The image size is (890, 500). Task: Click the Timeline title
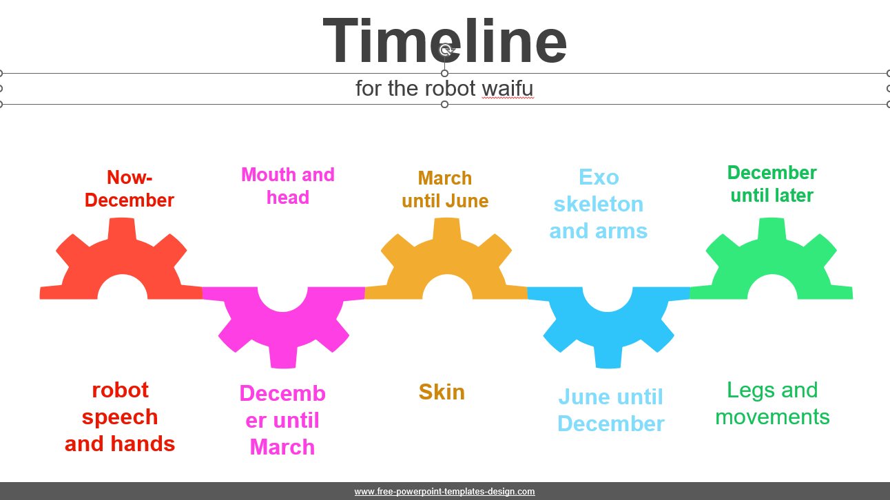click(444, 41)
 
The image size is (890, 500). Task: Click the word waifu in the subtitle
click(508, 88)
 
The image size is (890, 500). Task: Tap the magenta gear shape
click(283, 322)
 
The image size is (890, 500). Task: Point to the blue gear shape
click(608, 322)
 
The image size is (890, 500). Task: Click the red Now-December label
click(130, 189)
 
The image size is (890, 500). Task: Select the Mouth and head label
click(288, 186)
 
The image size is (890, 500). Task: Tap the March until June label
click(445, 189)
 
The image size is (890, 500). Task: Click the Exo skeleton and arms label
click(599, 204)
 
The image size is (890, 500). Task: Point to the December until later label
click(772, 184)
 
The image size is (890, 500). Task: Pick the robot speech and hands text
click(120, 417)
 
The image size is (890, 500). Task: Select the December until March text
click(282, 420)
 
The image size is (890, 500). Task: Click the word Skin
click(442, 392)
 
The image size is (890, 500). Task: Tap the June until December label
click(611, 410)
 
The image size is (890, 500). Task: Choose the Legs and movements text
click(772, 403)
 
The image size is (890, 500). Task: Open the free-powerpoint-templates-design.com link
click(444, 491)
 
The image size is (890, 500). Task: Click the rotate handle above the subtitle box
click(446, 50)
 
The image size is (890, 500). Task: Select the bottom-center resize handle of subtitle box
click(444, 105)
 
